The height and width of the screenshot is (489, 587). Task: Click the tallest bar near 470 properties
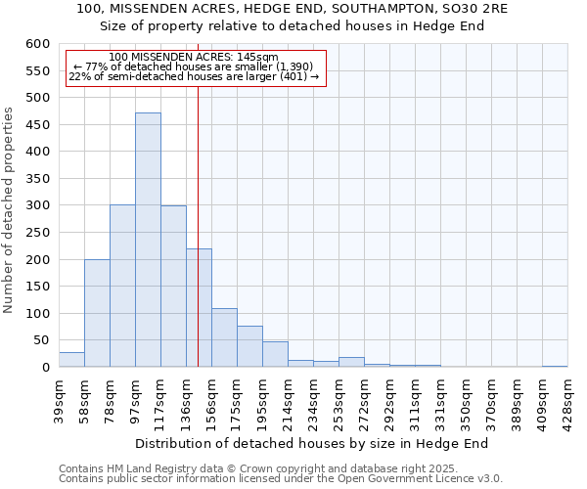click(x=148, y=240)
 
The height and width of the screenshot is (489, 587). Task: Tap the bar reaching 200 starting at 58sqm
click(x=97, y=313)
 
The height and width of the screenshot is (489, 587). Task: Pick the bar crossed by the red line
click(x=199, y=308)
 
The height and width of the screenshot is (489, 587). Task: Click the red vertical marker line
click(x=199, y=196)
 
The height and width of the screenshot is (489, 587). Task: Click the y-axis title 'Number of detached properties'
click(x=9, y=210)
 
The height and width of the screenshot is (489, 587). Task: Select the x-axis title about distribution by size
click(x=311, y=443)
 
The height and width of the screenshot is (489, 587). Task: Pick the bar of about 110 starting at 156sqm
click(x=224, y=337)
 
